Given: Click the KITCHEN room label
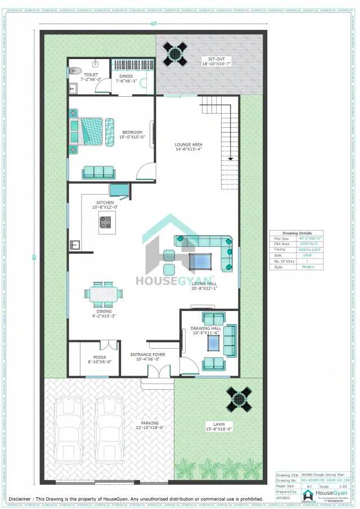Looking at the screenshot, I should [x=105, y=202].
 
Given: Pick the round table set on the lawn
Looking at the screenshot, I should [x=239, y=399].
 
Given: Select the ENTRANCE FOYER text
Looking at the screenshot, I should [x=148, y=355].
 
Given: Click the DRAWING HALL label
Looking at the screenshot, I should [x=205, y=328].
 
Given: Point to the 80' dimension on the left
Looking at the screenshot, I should [x=34, y=257].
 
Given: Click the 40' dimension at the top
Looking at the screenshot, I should [x=152, y=24].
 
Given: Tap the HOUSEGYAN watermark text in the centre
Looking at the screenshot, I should [x=175, y=280].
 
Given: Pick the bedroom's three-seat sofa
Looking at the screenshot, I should [x=98, y=173].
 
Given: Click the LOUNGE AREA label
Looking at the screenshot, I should [x=188, y=145].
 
